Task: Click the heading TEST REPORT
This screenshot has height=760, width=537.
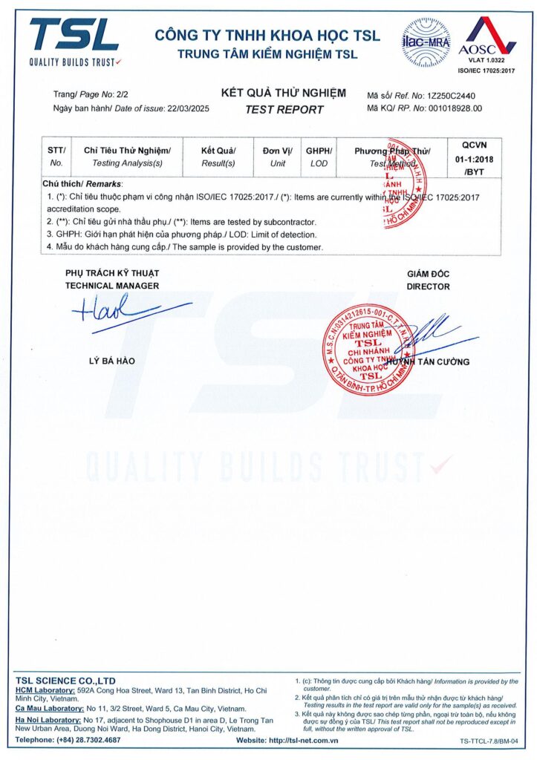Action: [284, 110]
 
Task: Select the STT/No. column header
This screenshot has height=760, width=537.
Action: [56, 157]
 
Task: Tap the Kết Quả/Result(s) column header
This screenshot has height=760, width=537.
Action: [218, 157]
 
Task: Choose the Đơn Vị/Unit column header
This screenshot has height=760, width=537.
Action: [278, 157]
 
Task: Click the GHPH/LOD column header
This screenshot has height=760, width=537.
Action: [319, 157]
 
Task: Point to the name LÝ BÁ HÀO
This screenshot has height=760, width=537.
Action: [111, 361]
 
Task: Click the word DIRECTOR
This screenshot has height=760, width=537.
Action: [428, 286]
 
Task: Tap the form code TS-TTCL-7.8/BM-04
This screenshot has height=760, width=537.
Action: [487, 741]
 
